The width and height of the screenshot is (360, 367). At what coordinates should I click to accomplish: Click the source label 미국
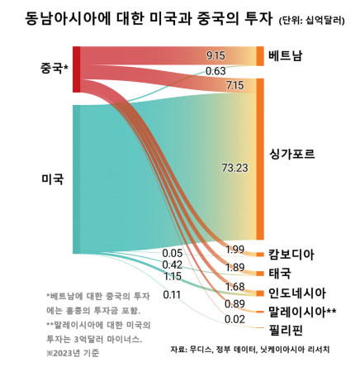click(x=52, y=179)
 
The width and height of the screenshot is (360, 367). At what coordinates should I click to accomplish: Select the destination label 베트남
click(x=285, y=55)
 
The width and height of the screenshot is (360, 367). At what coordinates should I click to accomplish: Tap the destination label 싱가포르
click(x=291, y=155)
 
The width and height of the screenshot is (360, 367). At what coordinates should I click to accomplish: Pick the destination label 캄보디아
click(x=291, y=254)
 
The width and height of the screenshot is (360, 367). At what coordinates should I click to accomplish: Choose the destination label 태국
click(x=280, y=273)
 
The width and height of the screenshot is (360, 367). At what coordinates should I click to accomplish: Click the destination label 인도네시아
click(x=296, y=293)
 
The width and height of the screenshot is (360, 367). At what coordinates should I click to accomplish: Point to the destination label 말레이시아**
click(x=302, y=312)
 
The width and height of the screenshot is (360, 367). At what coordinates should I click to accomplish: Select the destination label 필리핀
click(x=285, y=330)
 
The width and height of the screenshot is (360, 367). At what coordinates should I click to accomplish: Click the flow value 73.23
click(x=234, y=168)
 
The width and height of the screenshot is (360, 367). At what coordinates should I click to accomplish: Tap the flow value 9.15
click(x=216, y=55)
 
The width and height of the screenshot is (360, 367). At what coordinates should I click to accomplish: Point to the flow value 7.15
click(x=234, y=85)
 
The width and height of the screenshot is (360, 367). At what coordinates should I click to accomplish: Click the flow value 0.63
click(x=216, y=71)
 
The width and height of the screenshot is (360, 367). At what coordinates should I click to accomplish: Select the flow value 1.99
click(x=234, y=250)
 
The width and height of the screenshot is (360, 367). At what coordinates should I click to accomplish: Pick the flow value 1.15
click(x=172, y=276)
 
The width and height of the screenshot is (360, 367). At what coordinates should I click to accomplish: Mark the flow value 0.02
click(x=234, y=319)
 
